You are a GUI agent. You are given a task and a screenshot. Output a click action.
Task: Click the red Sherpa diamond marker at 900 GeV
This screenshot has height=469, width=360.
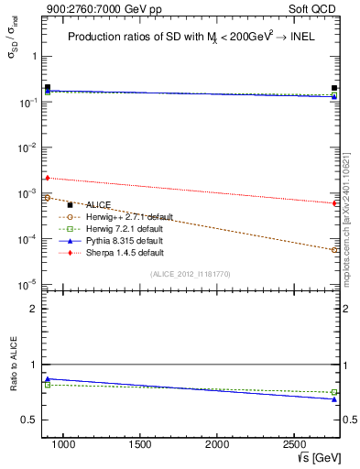[x=48, y=178]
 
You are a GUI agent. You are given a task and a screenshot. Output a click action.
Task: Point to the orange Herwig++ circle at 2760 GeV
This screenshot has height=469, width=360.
[x=334, y=249]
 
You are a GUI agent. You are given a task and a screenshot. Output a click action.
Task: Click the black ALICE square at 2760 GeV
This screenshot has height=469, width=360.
[x=334, y=89]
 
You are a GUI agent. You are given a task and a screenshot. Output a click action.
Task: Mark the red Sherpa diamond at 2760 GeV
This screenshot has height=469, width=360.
[x=334, y=203]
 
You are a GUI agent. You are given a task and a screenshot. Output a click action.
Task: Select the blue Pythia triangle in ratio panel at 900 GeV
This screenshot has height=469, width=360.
[x=48, y=378]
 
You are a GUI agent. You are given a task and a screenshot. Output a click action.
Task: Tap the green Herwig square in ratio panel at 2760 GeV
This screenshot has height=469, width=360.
[x=334, y=392]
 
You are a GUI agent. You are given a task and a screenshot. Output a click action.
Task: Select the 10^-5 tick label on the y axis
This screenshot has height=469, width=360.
[x=26, y=285]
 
